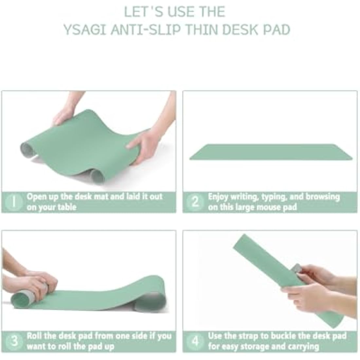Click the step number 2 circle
(x=195, y=202)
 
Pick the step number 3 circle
(x=14, y=341)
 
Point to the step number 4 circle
(x=195, y=341)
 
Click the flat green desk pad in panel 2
(x=271, y=152)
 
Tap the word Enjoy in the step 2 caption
(x=218, y=197)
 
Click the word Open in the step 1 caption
(x=36, y=197)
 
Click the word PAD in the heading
(x=277, y=30)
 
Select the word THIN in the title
(x=201, y=30)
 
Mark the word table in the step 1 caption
(x=67, y=207)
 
